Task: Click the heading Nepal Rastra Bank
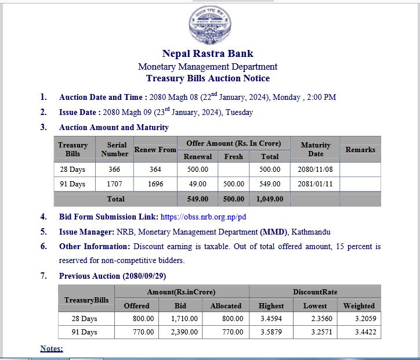[x=208, y=53]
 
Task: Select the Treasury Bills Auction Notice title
[x=208, y=78]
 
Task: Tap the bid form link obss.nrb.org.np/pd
[x=203, y=217]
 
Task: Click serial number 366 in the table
[x=114, y=170]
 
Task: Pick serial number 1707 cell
[x=114, y=184]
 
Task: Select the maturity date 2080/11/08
[x=315, y=170]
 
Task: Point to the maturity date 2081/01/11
[x=315, y=184]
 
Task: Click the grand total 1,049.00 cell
[x=270, y=199]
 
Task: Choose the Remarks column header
[x=360, y=149]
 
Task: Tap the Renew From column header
[x=155, y=149]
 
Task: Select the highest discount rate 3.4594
[x=271, y=319]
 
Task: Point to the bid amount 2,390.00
[x=184, y=332]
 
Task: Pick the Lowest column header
[x=315, y=305]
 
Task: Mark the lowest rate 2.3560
[x=315, y=319]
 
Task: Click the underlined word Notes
[x=51, y=348]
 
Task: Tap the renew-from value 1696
[x=155, y=184]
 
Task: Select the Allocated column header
[x=226, y=305]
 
